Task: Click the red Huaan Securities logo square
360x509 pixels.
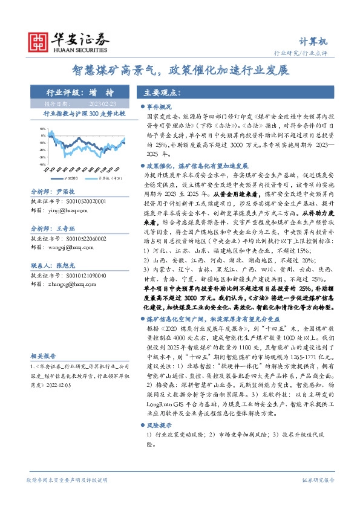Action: coord(39,42)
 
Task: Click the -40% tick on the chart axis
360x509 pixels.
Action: coord(42,164)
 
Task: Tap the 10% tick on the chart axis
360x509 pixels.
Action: coord(42,129)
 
